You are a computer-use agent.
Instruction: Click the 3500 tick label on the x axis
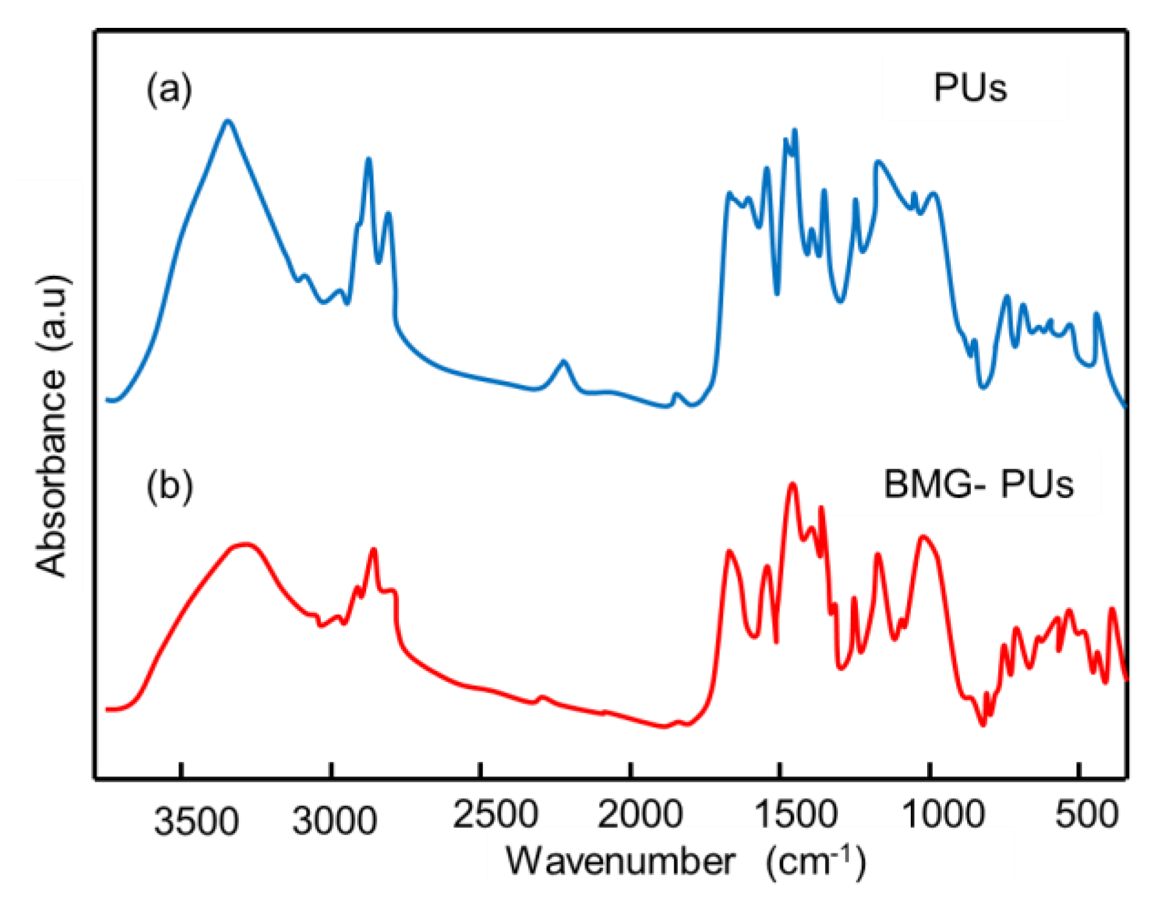pyautogui.click(x=196, y=821)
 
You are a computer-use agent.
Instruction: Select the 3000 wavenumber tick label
pyautogui.click(x=334, y=821)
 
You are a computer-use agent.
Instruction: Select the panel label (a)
pyautogui.click(x=169, y=89)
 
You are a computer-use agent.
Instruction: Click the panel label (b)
pyautogui.click(x=169, y=485)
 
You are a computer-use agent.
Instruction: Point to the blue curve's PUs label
pyautogui.click(x=970, y=88)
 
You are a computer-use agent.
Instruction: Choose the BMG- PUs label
pyautogui.click(x=978, y=484)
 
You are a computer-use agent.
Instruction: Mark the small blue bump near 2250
pyautogui.click(x=564, y=362)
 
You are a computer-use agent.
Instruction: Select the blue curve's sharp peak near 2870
pyautogui.click(x=368, y=159)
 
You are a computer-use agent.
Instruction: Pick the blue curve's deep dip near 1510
pyautogui.click(x=777, y=294)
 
